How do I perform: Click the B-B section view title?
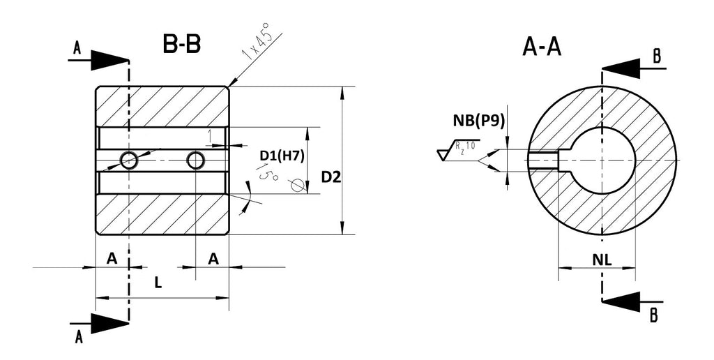click(181, 44)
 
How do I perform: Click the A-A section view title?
click(542, 47)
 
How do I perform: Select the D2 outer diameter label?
click(331, 177)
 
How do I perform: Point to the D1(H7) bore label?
click(282, 156)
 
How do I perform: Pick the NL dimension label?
click(602, 260)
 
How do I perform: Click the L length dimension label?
click(158, 283)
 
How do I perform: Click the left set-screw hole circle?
click(129, 160)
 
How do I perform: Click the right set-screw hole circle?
click(196, 160)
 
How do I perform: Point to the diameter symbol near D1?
click(297, 185)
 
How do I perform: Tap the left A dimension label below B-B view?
click(112, 259)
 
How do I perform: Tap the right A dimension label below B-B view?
click(213, 259)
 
